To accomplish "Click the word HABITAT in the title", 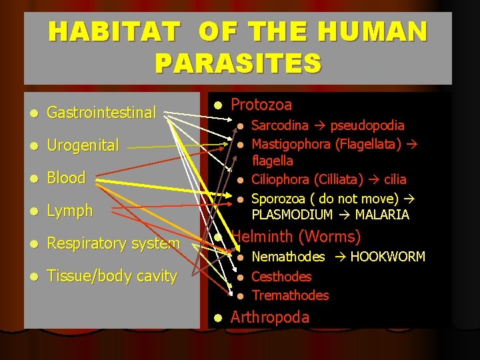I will (x=114, y=32).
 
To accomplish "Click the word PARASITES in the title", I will (x=238, y=63).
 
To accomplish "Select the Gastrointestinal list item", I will (x=101, y=113).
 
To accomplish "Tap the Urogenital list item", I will (x=83, y=145).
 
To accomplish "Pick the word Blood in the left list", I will (x=66, y=178).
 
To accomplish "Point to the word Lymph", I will (x=69, y=211).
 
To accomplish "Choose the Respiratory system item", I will (x=113, y=243).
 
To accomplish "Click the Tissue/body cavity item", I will (x=111, y=276).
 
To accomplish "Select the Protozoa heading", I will (x=261, y=105).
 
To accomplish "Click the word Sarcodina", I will (x=279, y=125).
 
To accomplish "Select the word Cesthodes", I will (x=281, y=276).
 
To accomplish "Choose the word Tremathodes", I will (x=290, y=295).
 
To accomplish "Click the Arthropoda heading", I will (x=269, y=317).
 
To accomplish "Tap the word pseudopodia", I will (x=367, y=125).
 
